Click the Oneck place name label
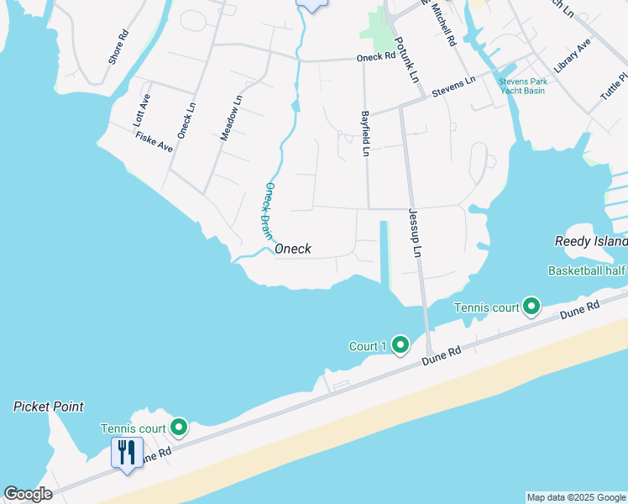[293, 249]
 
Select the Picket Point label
[49, 407]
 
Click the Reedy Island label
[591, 241]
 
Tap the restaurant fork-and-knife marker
[126, 453]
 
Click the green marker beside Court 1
[400, 344]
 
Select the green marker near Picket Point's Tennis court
[178, 428]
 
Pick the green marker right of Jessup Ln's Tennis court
[531, 307]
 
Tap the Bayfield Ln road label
[365, 134]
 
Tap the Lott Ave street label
[142, 110]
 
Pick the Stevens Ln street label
[453, 87]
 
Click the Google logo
[28, 494]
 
